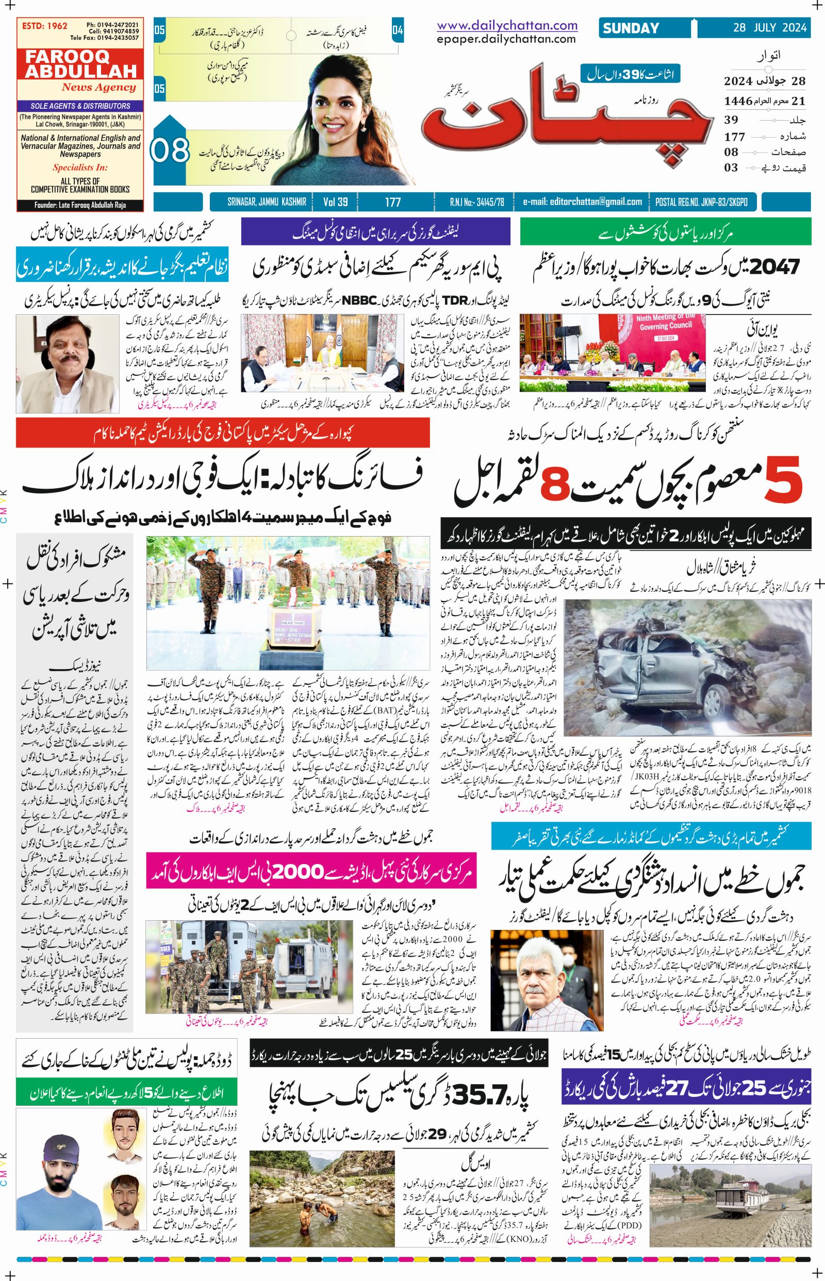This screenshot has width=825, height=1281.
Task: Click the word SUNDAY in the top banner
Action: pyautogui.click(x=631, y=28)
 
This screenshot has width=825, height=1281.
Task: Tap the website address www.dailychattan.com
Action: pyautogui.click(x=507, y=25)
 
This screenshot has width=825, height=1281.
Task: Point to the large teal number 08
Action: pyautogui.click(x=171, y=151)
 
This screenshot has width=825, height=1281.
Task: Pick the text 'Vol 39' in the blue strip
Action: pyautogui.click(x=335, y=202)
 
